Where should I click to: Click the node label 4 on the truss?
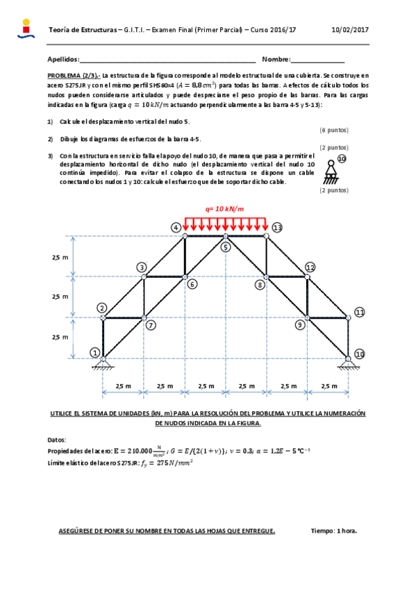[176, 228]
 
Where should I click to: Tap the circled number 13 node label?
[278, 227]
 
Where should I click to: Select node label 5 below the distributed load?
[225, 247]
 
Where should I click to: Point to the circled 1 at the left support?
[94, 352]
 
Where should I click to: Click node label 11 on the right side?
[359, 313]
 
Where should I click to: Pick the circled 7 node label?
[151, 324]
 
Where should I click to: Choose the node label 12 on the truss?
[310, 267]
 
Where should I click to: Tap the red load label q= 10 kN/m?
[225, 208]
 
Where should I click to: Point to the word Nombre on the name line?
[276, 60]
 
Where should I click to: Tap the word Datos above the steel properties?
[57, 440]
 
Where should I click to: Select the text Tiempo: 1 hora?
[334, 531]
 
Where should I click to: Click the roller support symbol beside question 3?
[341, 170]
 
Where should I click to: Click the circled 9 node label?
[300, 324]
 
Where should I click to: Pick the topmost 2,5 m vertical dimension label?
[60, 257]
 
